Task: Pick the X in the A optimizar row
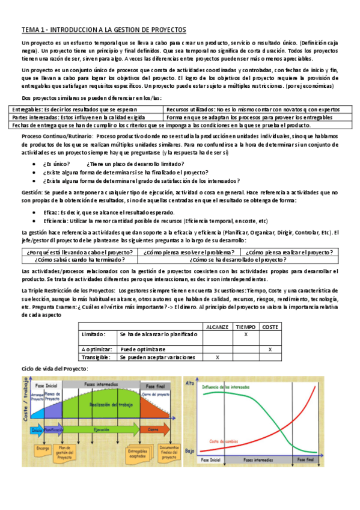pyautogui.click(x=270, y=349)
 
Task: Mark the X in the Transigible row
pyautogui.click(x=218, y=357)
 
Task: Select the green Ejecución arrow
pyautogui.click(x=101, y=430)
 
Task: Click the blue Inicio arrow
pyautogui.click(x=36, y=430)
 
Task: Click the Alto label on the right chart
pyautogui.click(x=190, y=382)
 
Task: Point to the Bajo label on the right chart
pyautogui.click(x=190, y=450)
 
